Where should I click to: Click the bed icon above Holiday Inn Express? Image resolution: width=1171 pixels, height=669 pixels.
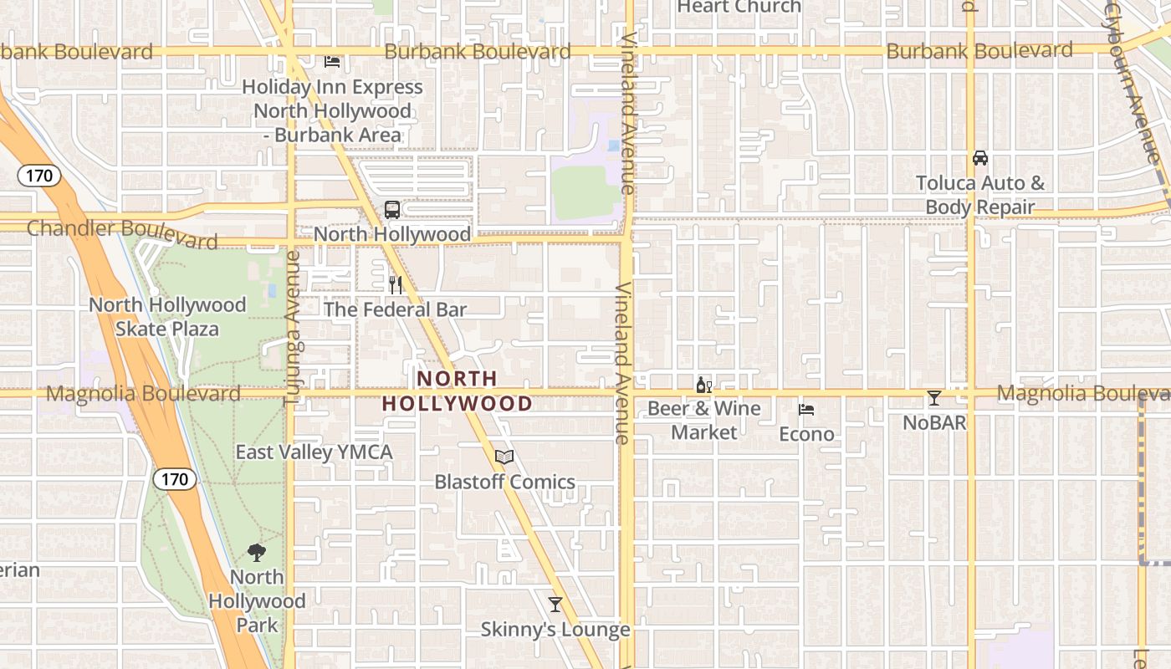pos(332,61)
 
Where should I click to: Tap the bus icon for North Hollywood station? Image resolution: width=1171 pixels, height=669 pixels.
pos(391,209)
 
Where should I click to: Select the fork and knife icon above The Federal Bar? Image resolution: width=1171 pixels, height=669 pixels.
pos(396,285)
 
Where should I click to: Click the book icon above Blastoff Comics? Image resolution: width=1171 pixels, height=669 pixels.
pos(504,457)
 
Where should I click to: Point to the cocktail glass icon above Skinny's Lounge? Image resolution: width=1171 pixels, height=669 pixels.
pos(555,604)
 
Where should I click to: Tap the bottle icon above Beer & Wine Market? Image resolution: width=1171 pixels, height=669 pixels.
pos(703,385)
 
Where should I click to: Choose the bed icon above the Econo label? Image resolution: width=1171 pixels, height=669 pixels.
pos(806,409)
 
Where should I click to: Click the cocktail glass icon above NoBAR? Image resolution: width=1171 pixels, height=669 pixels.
pos(934,398)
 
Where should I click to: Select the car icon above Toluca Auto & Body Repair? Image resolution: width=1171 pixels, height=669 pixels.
pos(980,157)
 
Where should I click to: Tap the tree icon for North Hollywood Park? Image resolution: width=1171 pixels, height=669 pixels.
pos(257,552)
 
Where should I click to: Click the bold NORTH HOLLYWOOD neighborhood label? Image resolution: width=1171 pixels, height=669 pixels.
pos(458,391)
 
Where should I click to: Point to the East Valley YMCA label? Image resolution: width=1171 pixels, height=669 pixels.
pos(314,452)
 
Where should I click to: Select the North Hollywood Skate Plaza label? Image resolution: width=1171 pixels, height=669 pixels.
pos(167,317)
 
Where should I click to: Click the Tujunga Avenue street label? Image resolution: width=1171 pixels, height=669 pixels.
pos(291,329)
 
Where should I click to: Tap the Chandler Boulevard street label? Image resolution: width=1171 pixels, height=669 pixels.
pos(122,233)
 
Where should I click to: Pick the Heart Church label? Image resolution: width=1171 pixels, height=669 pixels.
pos(739,7)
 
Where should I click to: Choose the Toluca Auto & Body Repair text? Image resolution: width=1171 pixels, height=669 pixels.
pos(980,195)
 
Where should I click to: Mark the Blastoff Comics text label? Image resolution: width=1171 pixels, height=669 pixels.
pos(504,482)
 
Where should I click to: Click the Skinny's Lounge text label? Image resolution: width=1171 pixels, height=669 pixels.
pos(555,630)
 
